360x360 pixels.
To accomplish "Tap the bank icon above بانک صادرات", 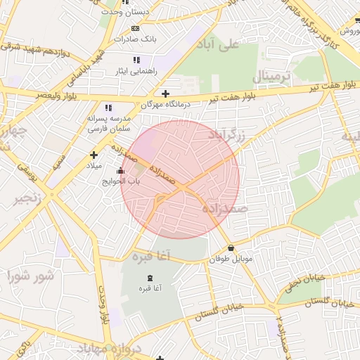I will [135, 28].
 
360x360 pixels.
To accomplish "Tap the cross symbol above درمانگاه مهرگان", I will [165, 94].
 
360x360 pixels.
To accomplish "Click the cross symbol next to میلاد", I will [94, 155].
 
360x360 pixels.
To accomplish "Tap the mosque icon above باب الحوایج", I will [120, 170].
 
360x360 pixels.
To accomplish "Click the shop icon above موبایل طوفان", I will [231, 247].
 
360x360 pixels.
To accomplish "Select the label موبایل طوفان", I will [230, 259].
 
